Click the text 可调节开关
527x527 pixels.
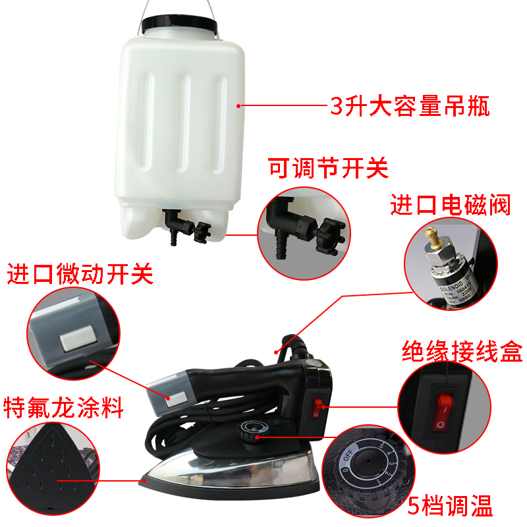tap(328, 168)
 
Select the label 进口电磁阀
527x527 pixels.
tap(451, 206)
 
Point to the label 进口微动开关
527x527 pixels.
tap(80, 273)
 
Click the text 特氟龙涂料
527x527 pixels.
tap(64, 408)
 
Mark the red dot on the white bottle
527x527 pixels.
tap(239, 105)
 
